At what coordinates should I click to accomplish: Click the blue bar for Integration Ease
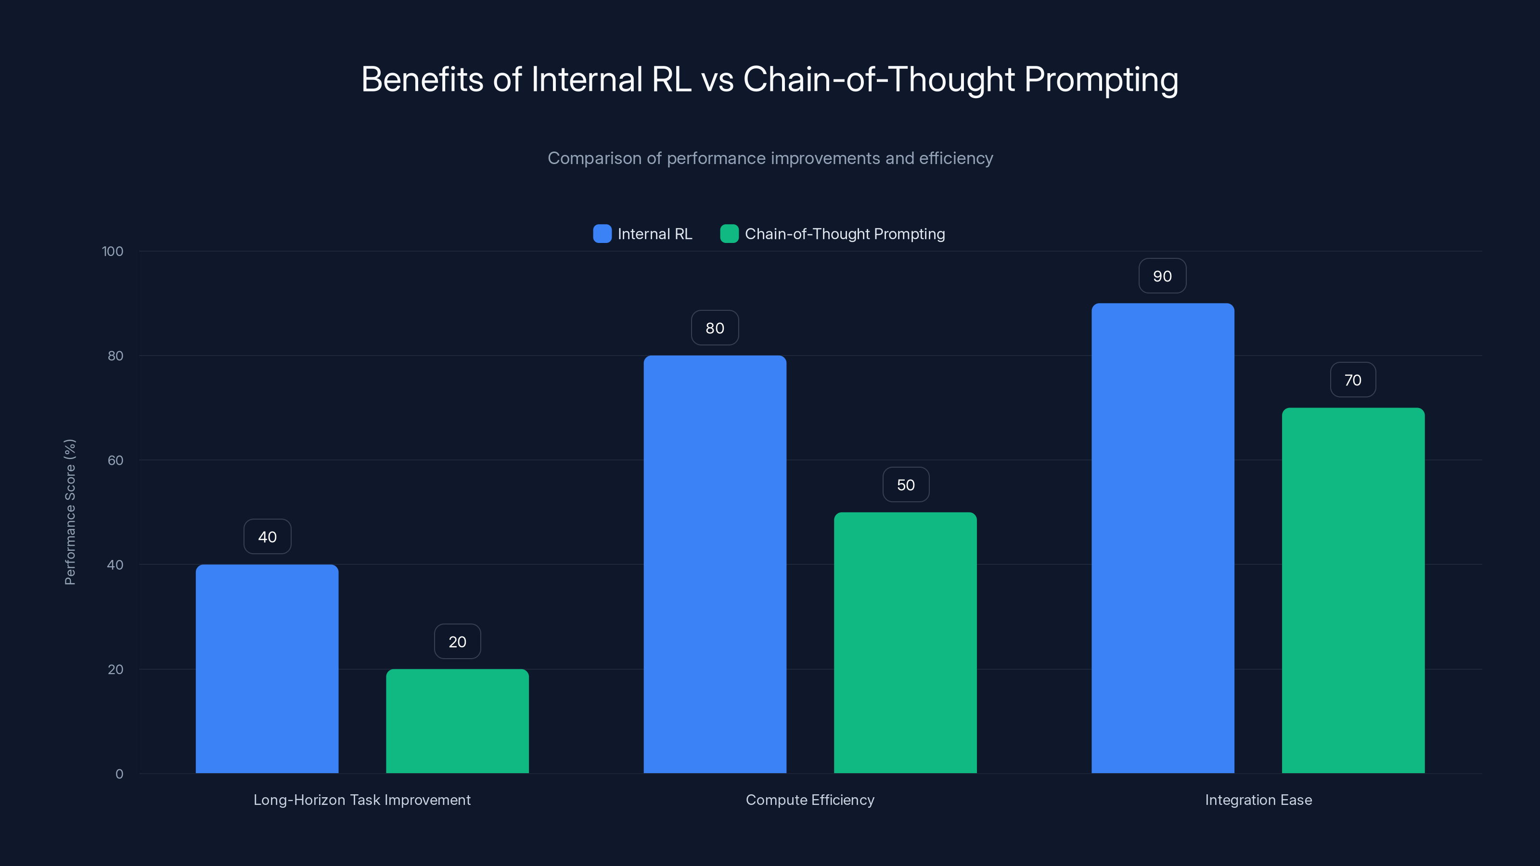[x=1162, y=538]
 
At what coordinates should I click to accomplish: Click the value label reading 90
[x=1162, y=276]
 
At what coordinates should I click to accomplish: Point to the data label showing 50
[x=906, y=484]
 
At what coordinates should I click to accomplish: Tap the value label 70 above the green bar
[x=1352, y=380]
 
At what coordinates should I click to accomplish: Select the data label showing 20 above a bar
[x=457, y=642]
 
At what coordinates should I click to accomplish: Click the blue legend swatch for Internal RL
[x=602, y=234]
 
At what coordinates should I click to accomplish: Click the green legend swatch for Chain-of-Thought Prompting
[x=730, y=234]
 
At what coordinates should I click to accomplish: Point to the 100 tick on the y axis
[x=113, y=251]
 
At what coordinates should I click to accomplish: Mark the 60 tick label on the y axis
[x=115, y=460]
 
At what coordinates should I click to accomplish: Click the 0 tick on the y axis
[x=119, y=774]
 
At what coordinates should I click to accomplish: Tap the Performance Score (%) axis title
[x=70, y=512]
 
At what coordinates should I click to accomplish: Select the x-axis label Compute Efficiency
[x=809, y=800]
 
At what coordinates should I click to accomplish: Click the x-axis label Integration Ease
[x=1258, y=800]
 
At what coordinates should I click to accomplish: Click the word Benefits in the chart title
[x=422, y=79]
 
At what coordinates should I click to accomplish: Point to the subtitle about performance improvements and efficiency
[x=770, y=158]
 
